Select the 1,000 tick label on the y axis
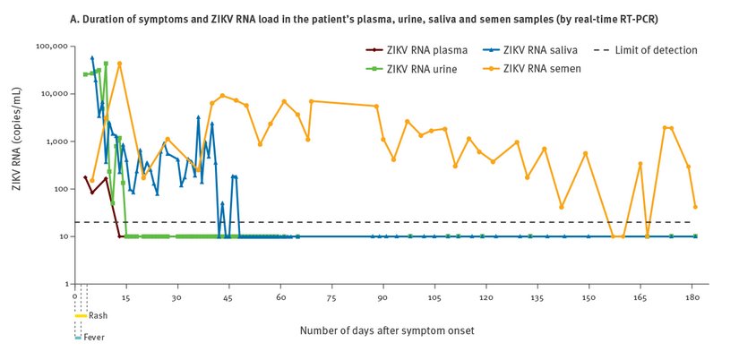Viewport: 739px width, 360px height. tap(55, 141)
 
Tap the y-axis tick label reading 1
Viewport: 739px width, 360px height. tap(65, 284)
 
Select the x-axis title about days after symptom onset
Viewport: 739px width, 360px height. tap(386, 330)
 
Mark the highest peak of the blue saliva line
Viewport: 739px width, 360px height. tap(92, 57)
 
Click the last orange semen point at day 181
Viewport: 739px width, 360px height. tap(695, 207)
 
